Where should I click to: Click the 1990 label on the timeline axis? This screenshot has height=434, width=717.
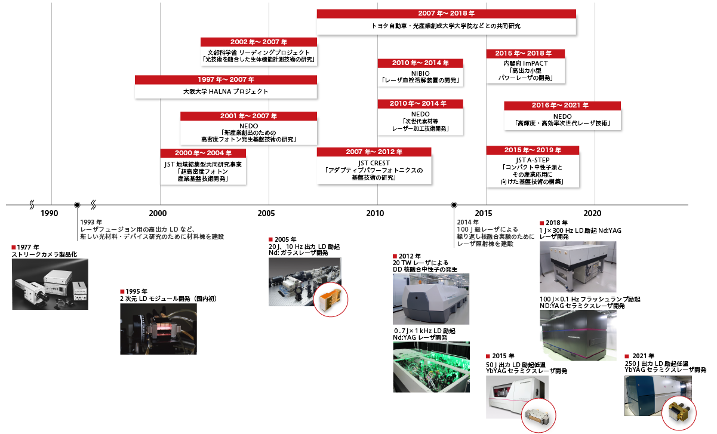[x=49, y=214]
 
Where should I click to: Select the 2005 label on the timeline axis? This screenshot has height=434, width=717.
[x=266, y=214]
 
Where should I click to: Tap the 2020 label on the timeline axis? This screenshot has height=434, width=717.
[x=592, y=214]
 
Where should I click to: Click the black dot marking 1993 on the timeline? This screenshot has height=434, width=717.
[x=77, y=205]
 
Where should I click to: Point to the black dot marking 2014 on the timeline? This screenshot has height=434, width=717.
[x=454, y=205]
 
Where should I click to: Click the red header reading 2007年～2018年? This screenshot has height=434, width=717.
[x=446, y=13]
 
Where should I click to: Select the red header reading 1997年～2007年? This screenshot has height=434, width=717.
[x=226, y=79]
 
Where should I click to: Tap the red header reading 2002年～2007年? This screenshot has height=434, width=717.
[x=259, y=42]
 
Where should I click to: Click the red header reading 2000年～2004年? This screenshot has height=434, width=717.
[x=203, y=153]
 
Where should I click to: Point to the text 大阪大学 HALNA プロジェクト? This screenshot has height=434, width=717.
[x=226, y=91]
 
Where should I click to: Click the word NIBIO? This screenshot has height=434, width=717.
[x=420, y=73]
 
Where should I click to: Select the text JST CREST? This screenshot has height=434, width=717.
[x=374, y=163]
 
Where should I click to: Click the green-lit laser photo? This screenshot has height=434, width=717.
[x=431, y=367]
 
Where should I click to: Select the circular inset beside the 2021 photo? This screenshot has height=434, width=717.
[x=678, y=414]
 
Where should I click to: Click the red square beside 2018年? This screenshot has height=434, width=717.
[x=541, y=223]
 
